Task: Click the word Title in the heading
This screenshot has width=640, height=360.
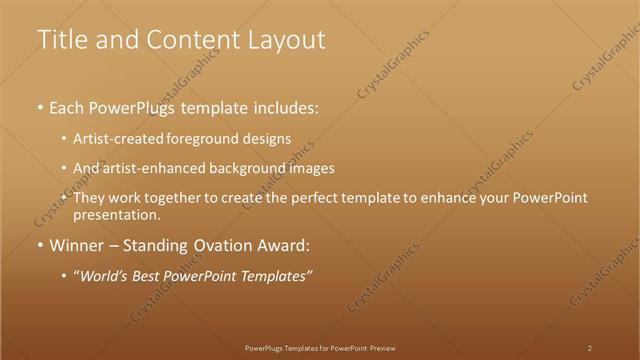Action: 60,40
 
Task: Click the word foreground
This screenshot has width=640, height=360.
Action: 198,138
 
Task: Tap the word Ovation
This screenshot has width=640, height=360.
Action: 224,245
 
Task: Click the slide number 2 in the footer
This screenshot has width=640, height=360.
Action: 590,348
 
